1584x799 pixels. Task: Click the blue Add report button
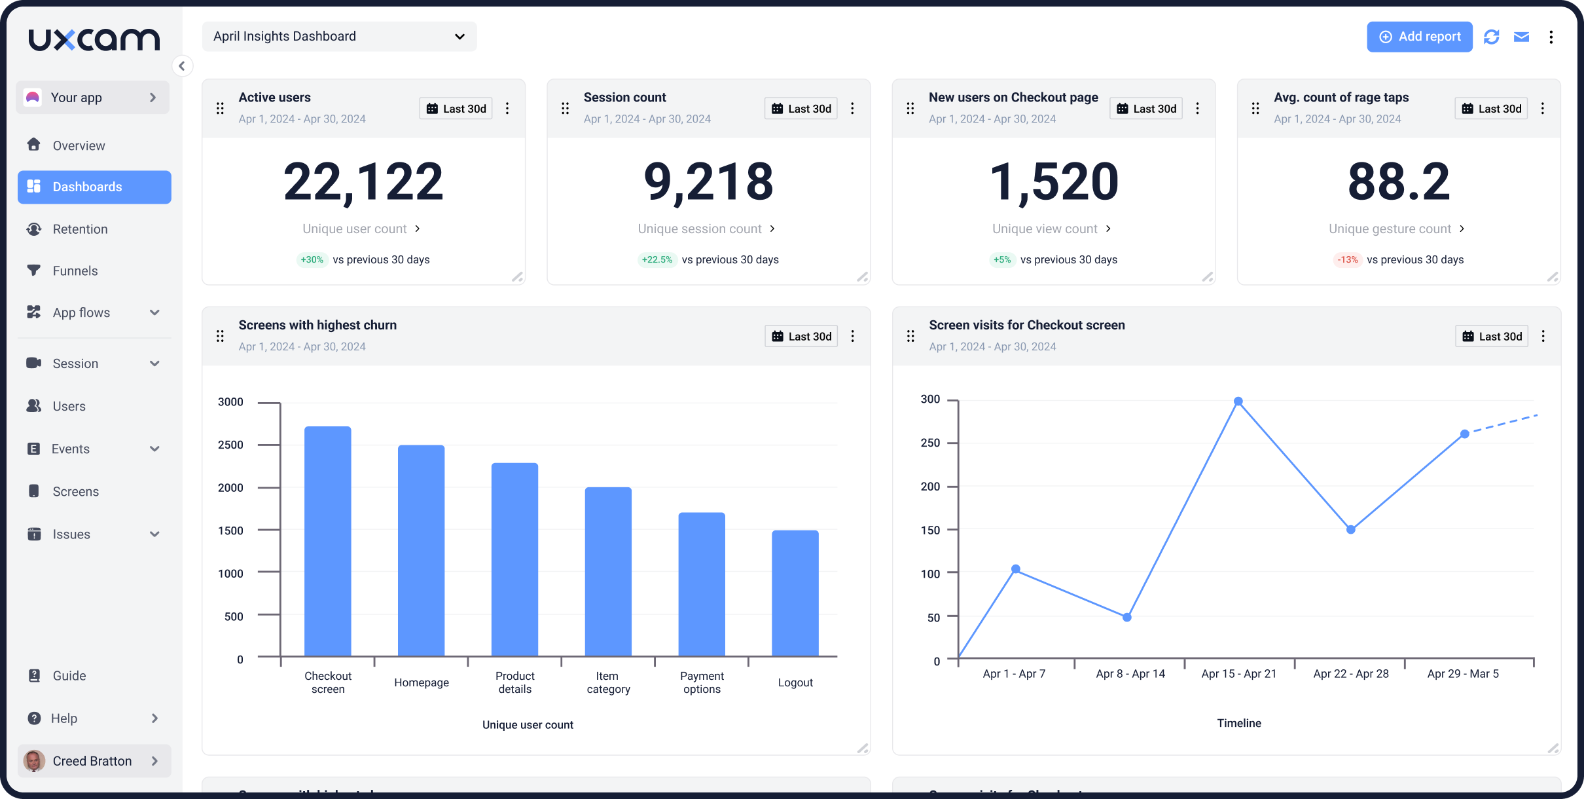(x=1419, y=37)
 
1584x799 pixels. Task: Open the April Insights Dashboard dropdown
(x=339, y=37)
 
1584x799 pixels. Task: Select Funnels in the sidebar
(x=75, y=271)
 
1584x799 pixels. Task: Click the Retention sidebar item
(x=80, y=229)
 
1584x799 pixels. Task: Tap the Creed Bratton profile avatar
(x=34, y=761)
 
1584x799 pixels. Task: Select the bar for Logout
(x=795, y=593)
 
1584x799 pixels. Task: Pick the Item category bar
(x=608, y=572)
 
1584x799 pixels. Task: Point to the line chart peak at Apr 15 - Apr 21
(x=1238, y=401)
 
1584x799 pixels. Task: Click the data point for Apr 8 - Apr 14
(x=1126, y=617)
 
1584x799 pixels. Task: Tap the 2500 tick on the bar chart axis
(x=230, y=445)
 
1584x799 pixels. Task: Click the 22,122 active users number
(x=363, y=182)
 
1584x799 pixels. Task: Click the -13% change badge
(x=1347, y=260)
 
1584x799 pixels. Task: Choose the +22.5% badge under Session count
(x=657, y=260)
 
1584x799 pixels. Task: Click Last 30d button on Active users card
(x=456, y=109)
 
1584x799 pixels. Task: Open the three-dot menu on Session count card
(x=852, y=109)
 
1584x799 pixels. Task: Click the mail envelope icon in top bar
(x=1521, y=37)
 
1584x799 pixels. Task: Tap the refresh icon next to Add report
(x=1491, y=37)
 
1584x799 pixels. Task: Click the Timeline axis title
(x=1238, y=723)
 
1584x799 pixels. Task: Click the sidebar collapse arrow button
(x=182, y=65)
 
